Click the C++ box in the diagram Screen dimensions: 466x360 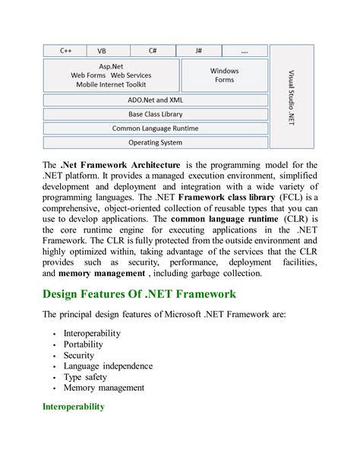pos(67,51)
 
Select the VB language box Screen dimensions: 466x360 pos(103,51)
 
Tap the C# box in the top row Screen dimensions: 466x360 pos(153,51)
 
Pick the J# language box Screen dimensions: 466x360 pos(198,51)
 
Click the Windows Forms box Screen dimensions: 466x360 pos(224,75)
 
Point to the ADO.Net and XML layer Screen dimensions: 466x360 pos(155,100)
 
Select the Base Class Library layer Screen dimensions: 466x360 pos(155,114)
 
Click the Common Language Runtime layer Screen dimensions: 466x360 pos(155,128)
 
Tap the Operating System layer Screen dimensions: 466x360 pos(155,142)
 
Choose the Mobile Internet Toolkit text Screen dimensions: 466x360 pos(111,84)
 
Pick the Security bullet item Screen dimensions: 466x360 pos(80,355)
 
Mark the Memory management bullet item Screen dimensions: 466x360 pos(105,387)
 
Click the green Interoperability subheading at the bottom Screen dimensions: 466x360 pos(73,407)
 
